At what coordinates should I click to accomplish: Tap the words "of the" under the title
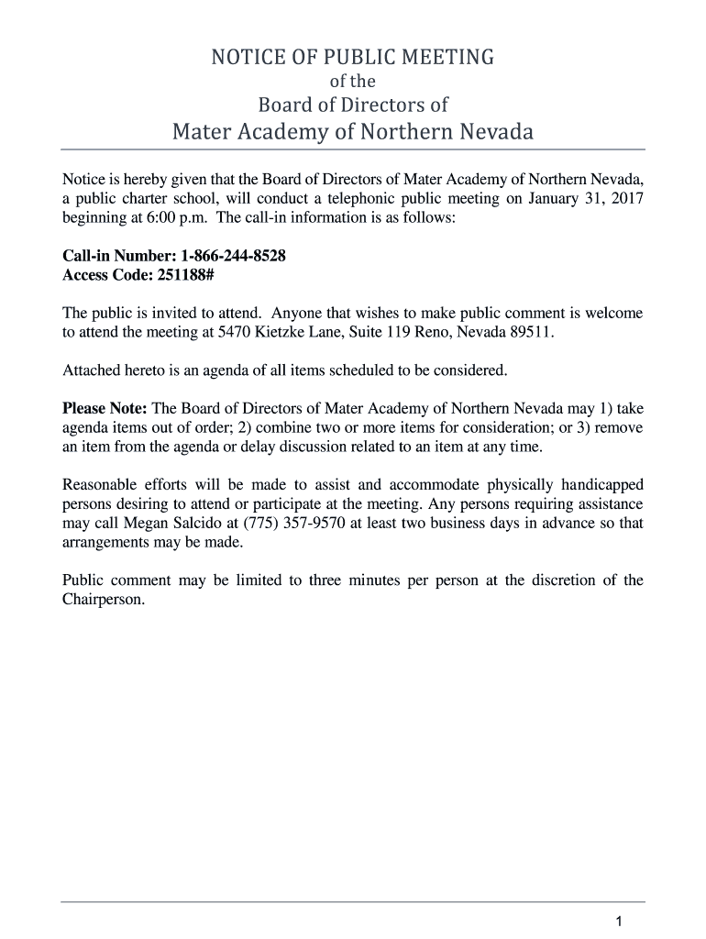pyautogui.click(x=353, y=82)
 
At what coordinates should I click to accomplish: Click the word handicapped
pyautogui.click(x=599, y=484)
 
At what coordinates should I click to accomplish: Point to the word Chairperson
pyautogui.click(x=103, y=599)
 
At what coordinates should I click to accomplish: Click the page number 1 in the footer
pyautogui.click(x=620, y=921)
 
